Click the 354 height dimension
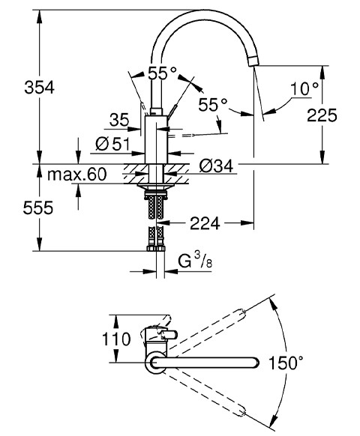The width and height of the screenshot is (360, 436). click(18, 87)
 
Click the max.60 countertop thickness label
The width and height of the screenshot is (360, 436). click(76, 175)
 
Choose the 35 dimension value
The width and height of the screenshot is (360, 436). click(118, 119)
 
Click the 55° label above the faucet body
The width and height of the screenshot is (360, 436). click(161, 73)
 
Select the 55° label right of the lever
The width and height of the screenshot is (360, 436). click(213, 105)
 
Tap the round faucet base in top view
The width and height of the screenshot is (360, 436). click(155, 363)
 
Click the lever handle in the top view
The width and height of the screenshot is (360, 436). click(163, 335)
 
